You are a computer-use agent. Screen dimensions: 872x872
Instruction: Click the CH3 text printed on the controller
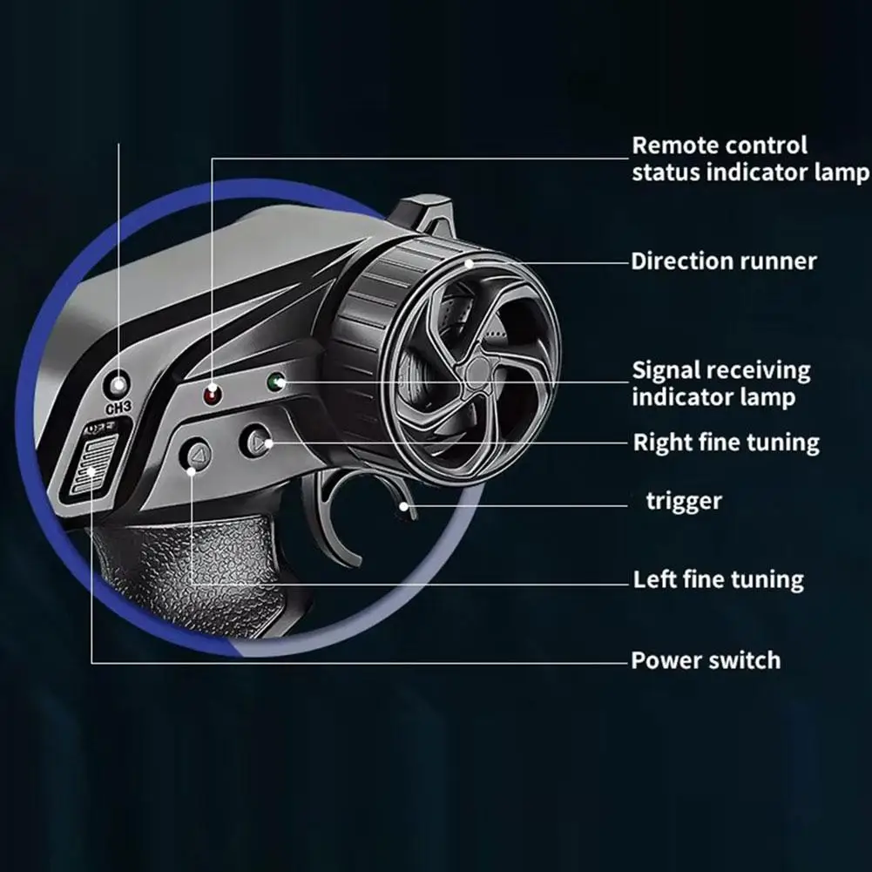pyautogui.click(x=118, y=408)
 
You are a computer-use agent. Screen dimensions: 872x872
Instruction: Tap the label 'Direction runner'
pyautogui.click(x=724, y=261)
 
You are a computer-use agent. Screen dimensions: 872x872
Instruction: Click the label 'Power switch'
pyautogui.click(x=706, y=660)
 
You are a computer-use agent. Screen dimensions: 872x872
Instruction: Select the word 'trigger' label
pyautogui.click(x=684, y=502)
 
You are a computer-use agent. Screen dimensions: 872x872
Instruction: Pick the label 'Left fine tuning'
pyautogui.click(x=719, y=580)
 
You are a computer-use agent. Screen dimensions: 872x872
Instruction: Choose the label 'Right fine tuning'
pyautogui.click(x=727, y=443)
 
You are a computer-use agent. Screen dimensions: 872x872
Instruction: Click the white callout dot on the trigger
pyautogui.click(x=404, y=506)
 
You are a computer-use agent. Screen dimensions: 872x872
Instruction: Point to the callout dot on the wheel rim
pyautogui.click(x=470, y=263)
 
